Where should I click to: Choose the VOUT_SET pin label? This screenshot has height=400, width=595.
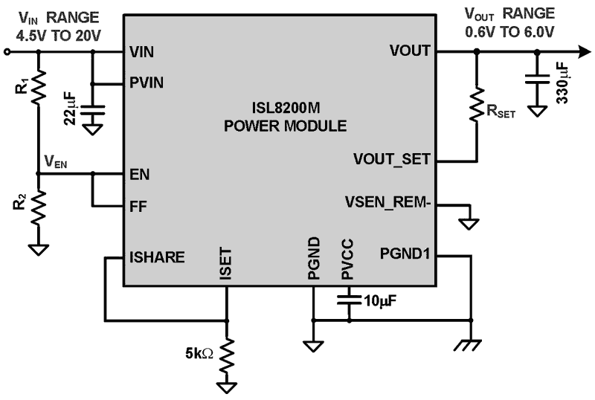[390, 160]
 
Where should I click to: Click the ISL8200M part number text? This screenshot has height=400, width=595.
[285, 110]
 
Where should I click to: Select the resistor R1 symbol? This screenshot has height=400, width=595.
[39, 88]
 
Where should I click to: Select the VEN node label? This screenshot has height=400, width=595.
[56, 161]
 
